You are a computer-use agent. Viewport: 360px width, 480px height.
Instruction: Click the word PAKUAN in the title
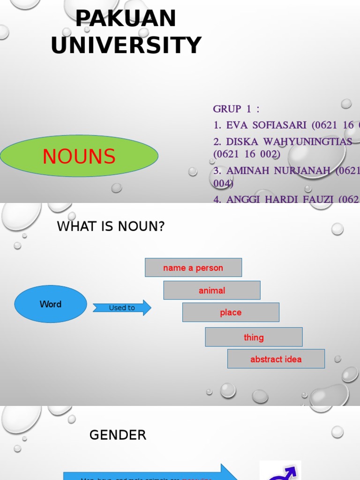coord(126,19)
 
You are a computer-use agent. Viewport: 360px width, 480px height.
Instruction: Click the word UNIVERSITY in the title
coord(126,45)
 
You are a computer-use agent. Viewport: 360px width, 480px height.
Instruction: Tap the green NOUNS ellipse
coord(79,156)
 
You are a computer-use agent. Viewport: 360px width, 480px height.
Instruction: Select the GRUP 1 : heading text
coord(236,109)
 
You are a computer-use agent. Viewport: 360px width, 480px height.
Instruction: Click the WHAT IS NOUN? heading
coord(111,227)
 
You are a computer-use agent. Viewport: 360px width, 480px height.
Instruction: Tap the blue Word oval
coord(51,304)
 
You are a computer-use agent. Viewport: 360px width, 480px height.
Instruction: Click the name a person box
coord(193,268)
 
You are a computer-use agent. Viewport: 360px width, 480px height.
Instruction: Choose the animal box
coord(212,291)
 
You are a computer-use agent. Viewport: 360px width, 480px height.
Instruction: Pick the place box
coord(231,313)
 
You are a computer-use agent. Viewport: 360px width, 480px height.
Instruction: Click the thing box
coord(254,337)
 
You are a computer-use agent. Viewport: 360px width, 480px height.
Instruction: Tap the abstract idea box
coord(276,360)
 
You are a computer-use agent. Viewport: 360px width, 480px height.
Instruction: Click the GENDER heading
coord(118,435)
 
